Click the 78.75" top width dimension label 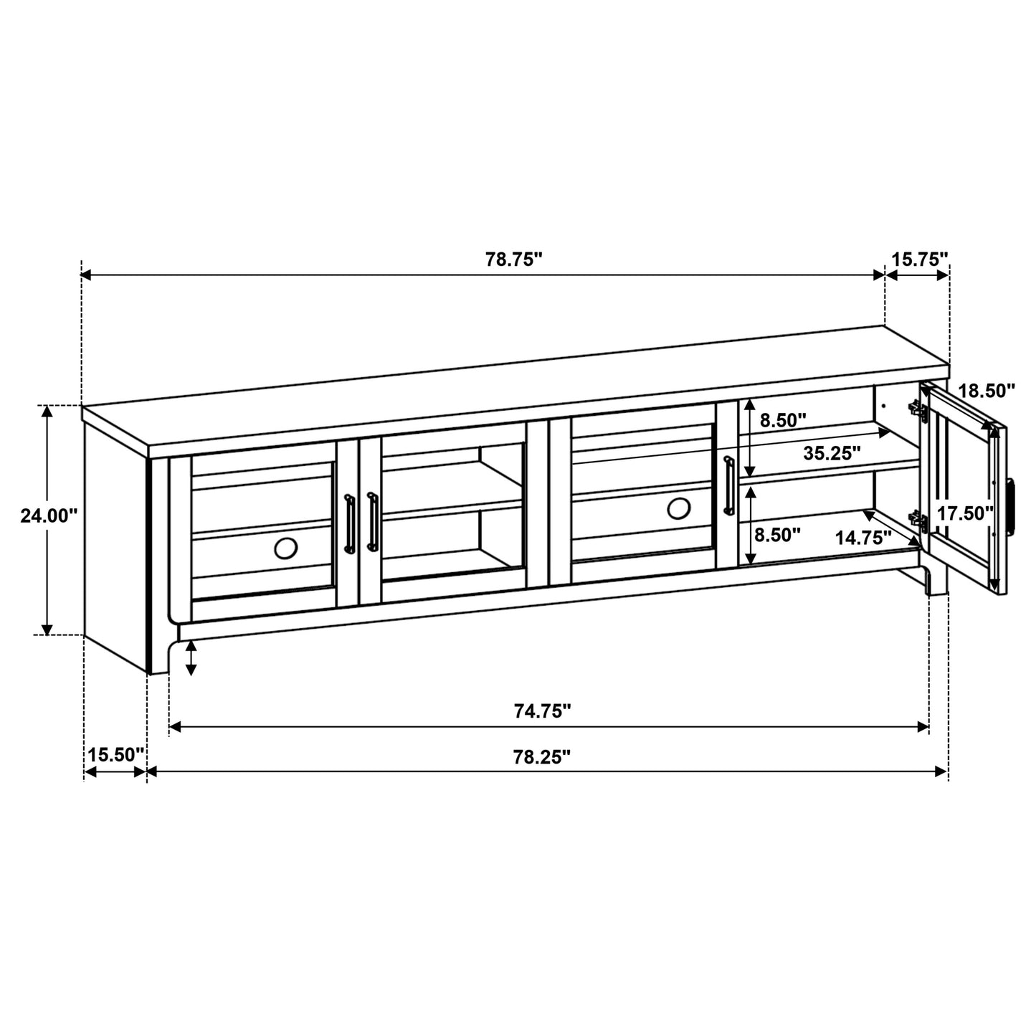pyautogui.click(x=513, y=259)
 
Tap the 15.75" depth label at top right pyautogui.click(x=920, y=259)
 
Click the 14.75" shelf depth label pyautogui.click(x=863, y=537)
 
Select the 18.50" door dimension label pyautogui.click(x=987, y=391)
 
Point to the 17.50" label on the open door pyautogui.click(x=965, y=513)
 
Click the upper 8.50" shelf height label pyautogui.click(x=784, y=420)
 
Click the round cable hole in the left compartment pyautogui.click(x=285, y=548)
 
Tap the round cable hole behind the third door pyautogui.click(x=678, y=508)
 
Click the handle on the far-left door pyautogui.click(x=349, y=523)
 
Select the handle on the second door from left pyautogui.click(x=371, y=521)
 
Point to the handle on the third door pyautogui.click(x=728, y=485)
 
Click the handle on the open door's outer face pyautogui.click(x=1012, y=506)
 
